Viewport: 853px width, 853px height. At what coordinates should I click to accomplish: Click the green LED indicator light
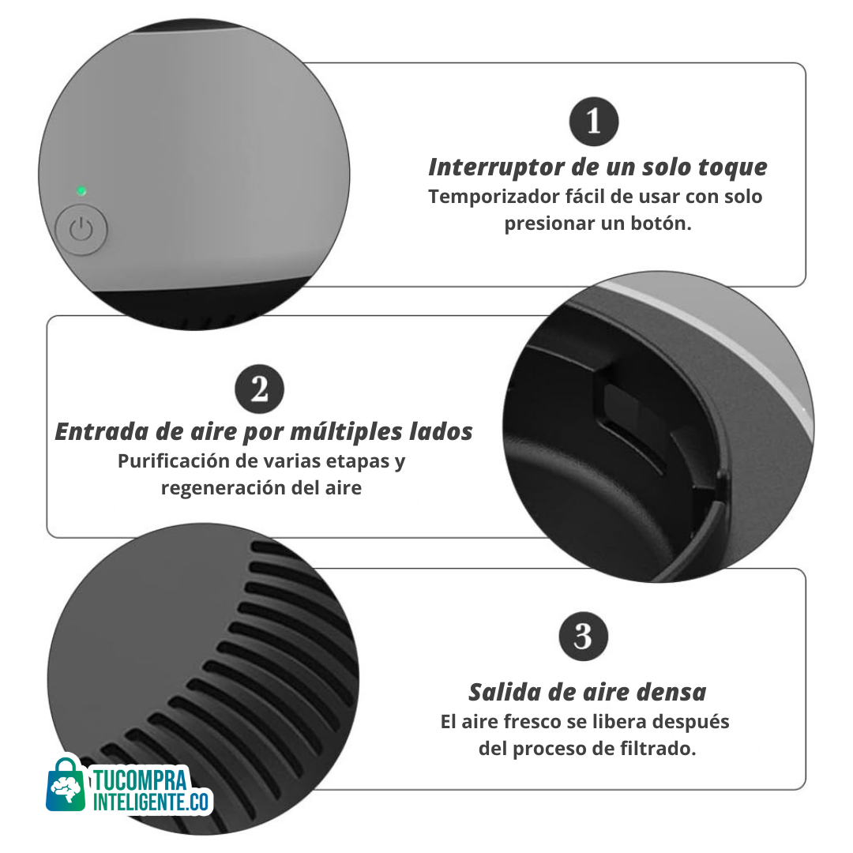coord(81,191)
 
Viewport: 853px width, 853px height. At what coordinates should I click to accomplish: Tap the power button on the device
coord(81,230)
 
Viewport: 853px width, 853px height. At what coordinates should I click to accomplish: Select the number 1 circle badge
coord(593,122)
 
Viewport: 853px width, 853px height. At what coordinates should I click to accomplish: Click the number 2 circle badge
coord(260,389)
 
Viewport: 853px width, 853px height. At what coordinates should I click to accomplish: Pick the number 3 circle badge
coord(583,637)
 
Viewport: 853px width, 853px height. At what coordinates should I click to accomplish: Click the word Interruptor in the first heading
coord(497,167)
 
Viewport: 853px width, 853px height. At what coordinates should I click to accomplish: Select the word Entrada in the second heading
coord(102,431)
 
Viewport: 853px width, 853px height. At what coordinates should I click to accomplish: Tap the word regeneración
coord(223,488)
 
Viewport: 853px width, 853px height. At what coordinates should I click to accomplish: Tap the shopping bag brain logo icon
coord(66,785)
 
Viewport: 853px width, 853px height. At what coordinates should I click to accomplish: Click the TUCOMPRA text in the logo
coord(139,780)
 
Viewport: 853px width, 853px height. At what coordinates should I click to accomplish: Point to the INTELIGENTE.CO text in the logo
coord(151,802)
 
